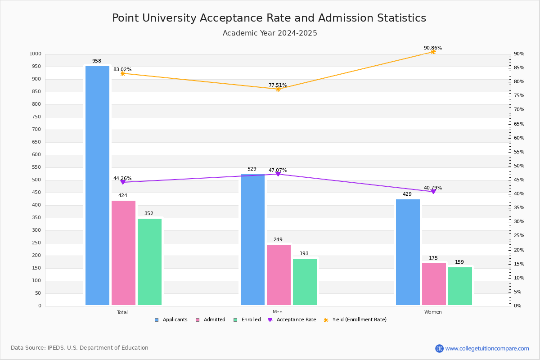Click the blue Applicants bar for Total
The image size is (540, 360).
coord(97,185)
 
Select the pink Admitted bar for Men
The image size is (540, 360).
coord(279,274)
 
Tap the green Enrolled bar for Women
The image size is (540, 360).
coord(460,286)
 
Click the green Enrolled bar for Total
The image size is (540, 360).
coord(149,262)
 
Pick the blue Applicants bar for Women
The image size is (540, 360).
coord(408,252)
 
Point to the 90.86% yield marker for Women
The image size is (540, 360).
coord(433,52)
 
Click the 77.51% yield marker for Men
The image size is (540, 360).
coord(278,89)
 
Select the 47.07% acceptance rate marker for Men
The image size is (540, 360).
coord(278,174)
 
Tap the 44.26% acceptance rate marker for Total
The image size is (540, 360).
coord(122,182)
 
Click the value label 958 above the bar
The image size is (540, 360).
coord(97,61)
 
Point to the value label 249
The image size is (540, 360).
coord(278,240)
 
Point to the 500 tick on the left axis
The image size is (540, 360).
coord(36,180)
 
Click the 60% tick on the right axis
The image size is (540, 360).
coord(519,138)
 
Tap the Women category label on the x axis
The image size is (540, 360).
coord(433,312)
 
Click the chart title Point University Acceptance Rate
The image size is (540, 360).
coord(269,18)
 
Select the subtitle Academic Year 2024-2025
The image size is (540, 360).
coord(270,33)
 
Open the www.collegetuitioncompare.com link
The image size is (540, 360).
coord(487,348)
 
